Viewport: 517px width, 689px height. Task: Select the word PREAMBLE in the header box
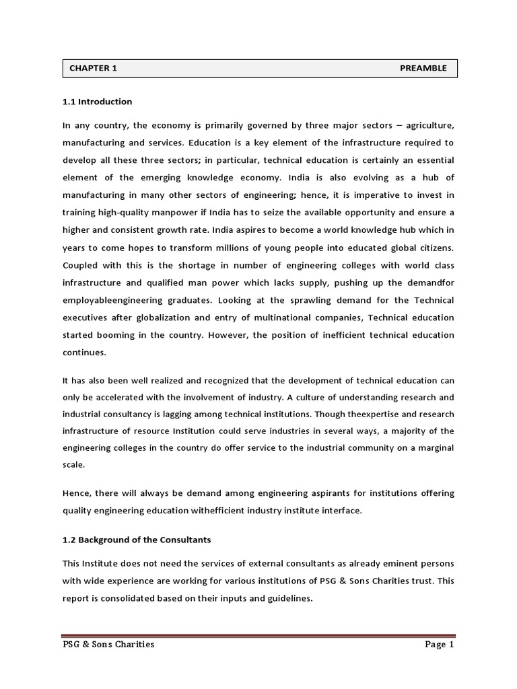click(423, 68)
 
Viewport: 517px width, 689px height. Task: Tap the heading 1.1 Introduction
click(97, 102)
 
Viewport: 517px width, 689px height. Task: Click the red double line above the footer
click(258, 635)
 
